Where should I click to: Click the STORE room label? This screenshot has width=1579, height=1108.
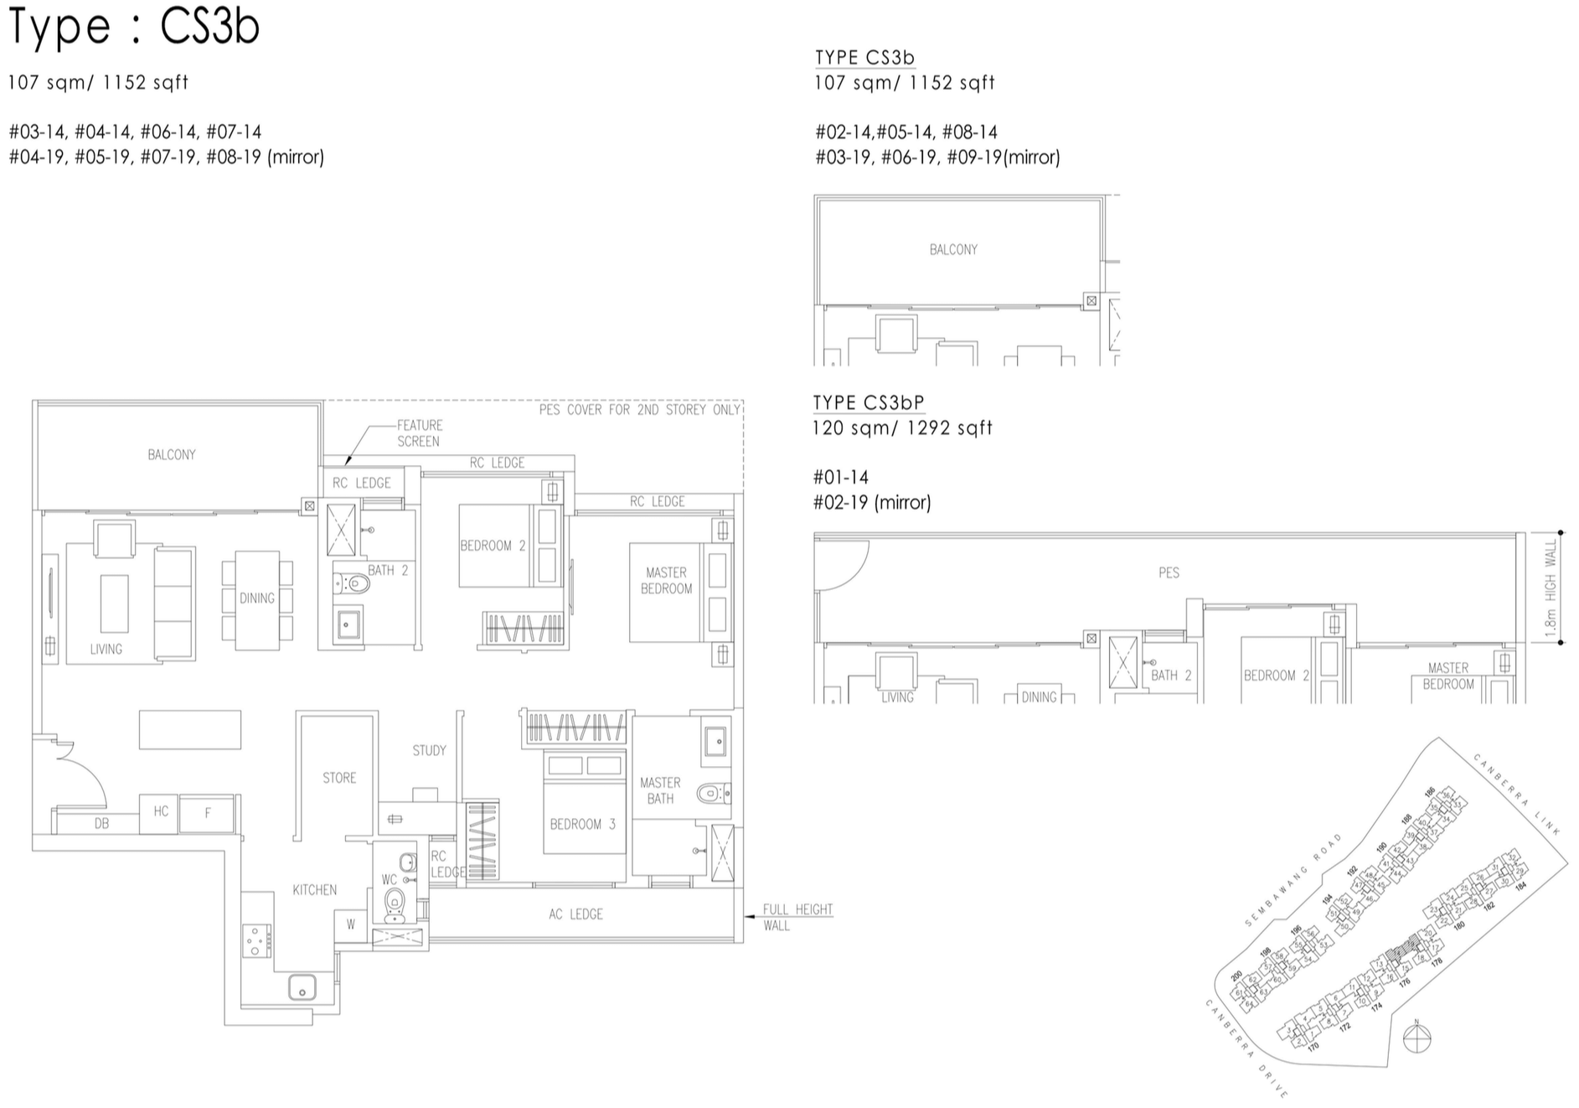point(339,778)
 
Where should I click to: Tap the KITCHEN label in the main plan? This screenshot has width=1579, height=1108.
point(314,890)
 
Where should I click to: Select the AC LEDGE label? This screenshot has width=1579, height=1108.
point(575,914)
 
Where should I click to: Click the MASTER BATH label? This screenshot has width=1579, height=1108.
point(660,790)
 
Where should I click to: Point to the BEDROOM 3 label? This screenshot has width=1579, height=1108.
point(582,824)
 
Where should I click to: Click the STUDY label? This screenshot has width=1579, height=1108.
point(429,750)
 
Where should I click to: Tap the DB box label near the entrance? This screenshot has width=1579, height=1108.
point(101,823)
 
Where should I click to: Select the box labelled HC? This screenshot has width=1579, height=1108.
point(161,811)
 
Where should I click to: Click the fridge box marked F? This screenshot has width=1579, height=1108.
point(208,813)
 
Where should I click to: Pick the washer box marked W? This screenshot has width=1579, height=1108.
point(351,925)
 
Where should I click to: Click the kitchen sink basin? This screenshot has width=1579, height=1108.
point(302,987)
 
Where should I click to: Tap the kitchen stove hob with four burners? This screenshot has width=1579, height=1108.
point(256,940)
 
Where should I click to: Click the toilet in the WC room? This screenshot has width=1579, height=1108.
point(394,903)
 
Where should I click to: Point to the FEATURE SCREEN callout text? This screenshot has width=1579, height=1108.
point(419,433)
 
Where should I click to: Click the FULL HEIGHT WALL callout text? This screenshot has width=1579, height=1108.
point(797,917)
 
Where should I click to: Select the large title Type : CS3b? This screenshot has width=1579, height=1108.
point(134,27)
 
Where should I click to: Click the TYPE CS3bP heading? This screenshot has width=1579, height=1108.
point(869,402)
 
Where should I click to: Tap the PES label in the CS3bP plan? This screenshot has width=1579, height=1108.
point(1169,572)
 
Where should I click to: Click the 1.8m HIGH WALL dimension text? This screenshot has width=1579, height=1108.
point(1551,587)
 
